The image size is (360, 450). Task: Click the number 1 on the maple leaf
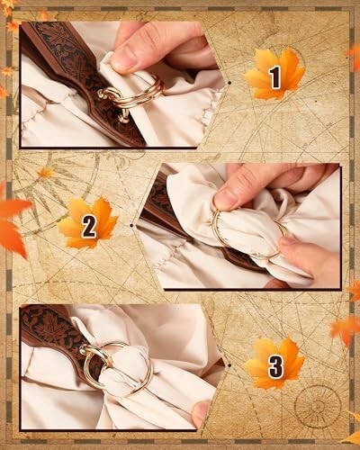click(x=275, y=77)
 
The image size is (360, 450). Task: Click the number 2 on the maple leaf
click(x=89, y=227)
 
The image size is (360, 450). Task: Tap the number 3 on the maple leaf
click(x=275, y=366)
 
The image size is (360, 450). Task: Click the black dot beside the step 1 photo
click(x=229, y=82)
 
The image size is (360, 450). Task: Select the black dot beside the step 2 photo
click(x=132, y=225)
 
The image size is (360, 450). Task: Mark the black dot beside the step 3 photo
click(x=229, y=365)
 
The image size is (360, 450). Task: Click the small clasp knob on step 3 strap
click(x=83, y=348)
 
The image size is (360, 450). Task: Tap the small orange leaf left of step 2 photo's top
click(x=46, y=173)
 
